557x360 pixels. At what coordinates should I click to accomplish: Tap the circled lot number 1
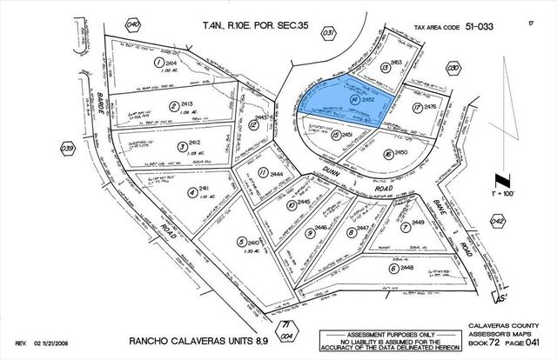click(159, 63)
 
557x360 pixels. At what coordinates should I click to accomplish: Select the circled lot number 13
click(385, 67)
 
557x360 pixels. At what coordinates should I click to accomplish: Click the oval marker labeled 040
click(132, 25)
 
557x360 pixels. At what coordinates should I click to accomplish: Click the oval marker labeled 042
click(497, 223)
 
